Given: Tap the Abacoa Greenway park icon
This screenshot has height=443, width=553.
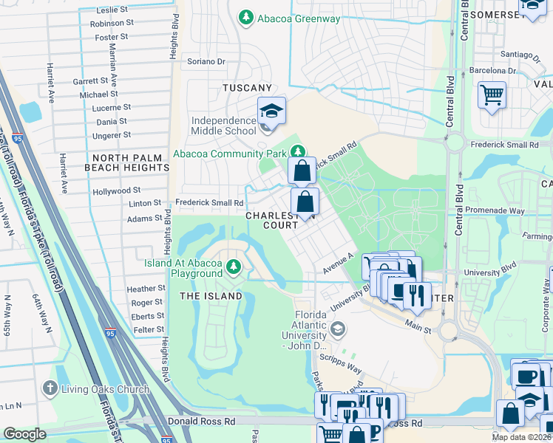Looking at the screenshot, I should pyautogui.click(x=245, y=16).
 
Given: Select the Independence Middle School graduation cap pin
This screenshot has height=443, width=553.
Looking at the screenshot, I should pyautogui.click(x=271, y=111).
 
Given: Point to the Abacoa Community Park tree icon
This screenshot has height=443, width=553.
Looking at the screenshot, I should pyautogui.click(x=297, y=150).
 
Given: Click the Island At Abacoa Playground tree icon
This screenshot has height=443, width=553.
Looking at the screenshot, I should pyautogui.click(x=234, y=266).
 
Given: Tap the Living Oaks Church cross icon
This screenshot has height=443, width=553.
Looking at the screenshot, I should pyautogui.click(x=50, y=388).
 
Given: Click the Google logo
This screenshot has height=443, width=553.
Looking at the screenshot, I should pyautogui.click(x=24, y=434).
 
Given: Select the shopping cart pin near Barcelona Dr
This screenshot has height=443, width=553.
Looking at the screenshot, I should pyautogui.click(x=492, y=95).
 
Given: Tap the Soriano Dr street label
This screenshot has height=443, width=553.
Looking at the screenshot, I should pyautogui.click(x=206, y=61).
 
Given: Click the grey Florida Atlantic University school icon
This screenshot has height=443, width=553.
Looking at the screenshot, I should pyautogui.click(x=337, y=328).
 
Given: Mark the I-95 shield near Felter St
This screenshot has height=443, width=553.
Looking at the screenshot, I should pyautogui.click(x=110, y=333).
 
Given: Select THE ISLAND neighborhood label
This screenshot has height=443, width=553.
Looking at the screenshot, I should pyautogui.click(x=211, y=296).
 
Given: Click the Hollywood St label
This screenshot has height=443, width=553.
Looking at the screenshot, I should pyautogui.click(x=116, y=191).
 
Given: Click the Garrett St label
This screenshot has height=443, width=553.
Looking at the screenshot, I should pyautogui.click(x=90, y=81).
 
